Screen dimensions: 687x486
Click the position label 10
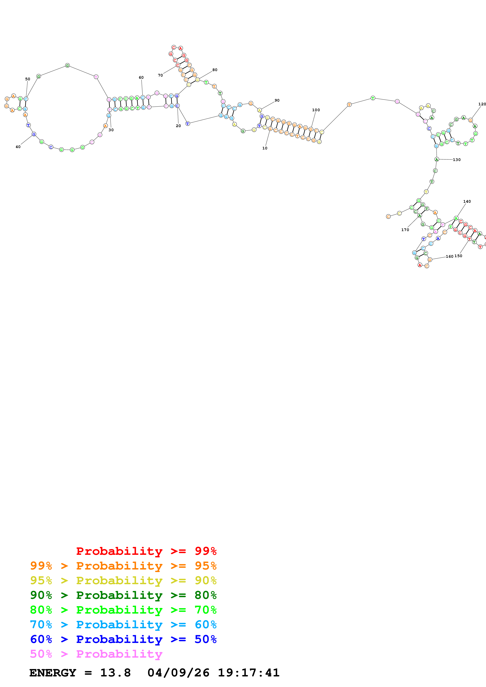[265, 148]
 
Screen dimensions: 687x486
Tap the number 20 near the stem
[178, 126]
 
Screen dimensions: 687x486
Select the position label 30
[111, 130]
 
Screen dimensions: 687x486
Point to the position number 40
[18, 147]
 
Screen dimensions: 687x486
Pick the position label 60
[141, 78]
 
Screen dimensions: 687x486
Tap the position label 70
[160, 75]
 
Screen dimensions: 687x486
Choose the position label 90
[277, 100]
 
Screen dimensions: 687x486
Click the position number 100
[316, 110]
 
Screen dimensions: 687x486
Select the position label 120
[482, 104]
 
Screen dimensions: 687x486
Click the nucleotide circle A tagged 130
[437, 159]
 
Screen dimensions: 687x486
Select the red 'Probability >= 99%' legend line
[146, 551]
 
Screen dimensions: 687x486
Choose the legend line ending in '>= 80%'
[123, 595]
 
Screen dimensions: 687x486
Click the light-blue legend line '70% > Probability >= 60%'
[123, 625]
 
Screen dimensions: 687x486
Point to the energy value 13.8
[115, 673]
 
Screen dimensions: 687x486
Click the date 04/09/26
[178, 673]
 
